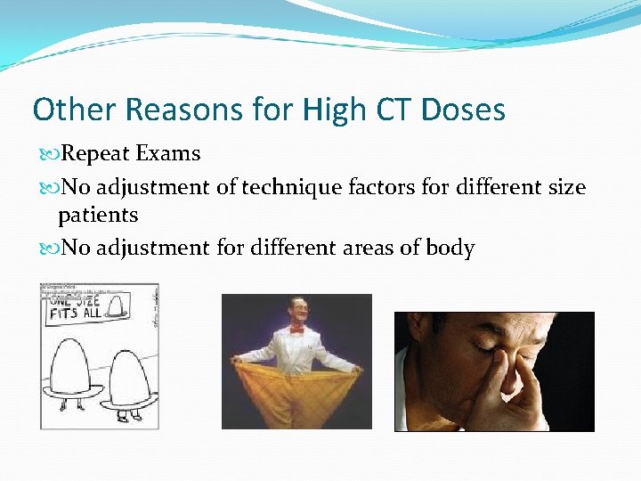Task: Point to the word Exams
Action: pos(168,153)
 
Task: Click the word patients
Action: pos(98,216)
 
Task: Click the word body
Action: pos(450,249)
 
